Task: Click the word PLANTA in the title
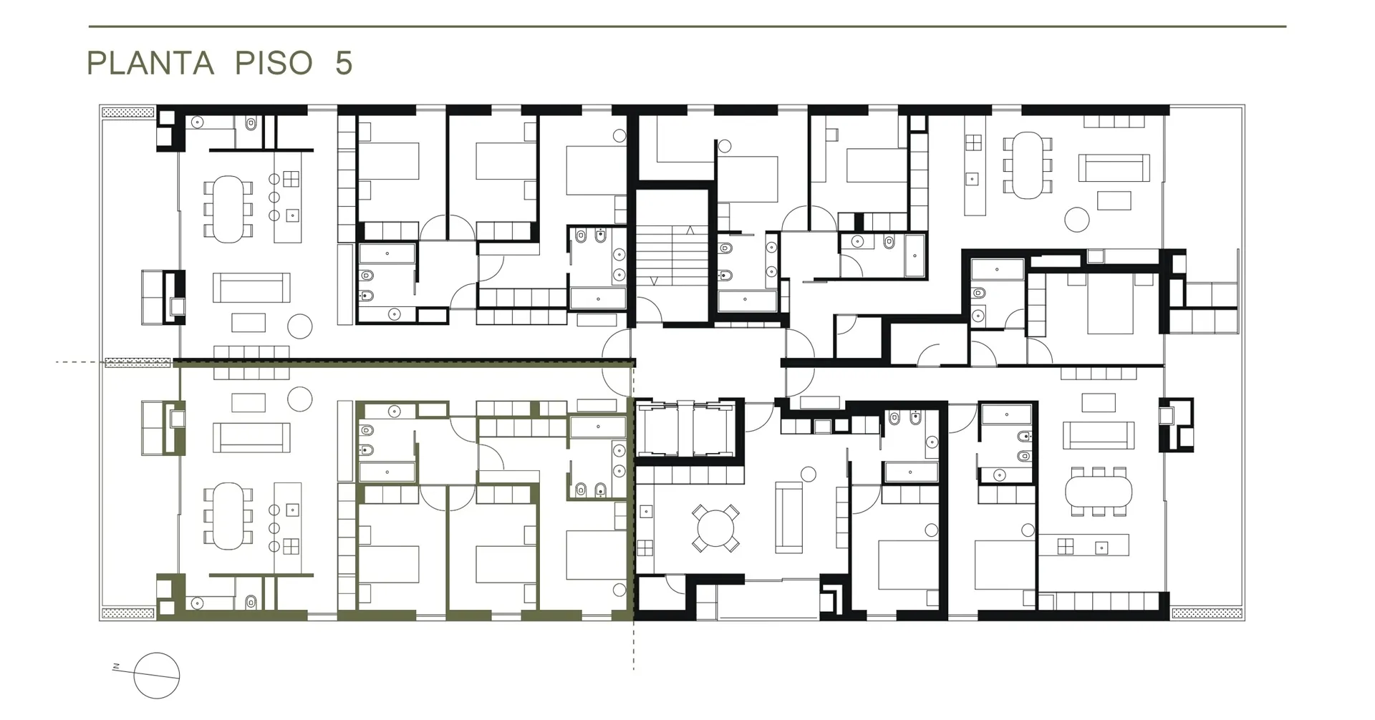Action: (150, 63)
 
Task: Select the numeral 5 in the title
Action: (344, 63)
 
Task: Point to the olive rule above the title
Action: (687, 26)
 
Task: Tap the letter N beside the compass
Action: (116, 668)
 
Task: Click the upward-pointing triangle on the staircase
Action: (690, 230)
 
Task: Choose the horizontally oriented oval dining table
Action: (1099, 491)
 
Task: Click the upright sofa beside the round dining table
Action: (788, 517)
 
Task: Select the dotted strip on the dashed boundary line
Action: (138, 362)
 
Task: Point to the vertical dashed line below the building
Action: (634, 645)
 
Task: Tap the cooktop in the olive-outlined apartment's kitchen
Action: (291, 547)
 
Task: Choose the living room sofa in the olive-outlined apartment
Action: (251, 438)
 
